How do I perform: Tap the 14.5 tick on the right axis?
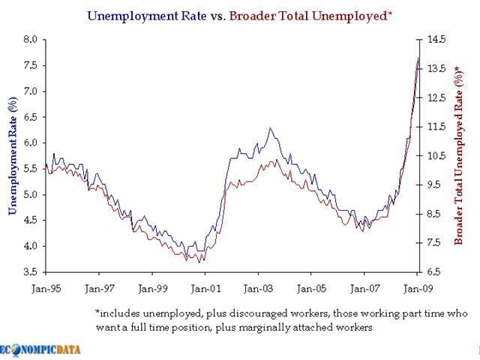tap(436, 40)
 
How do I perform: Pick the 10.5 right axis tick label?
tap(436, 156)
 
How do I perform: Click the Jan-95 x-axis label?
tap(46, 287)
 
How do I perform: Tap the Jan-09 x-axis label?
tap(418, 287)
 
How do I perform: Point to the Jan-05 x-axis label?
tap(311, 287)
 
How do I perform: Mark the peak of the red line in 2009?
tap(418, 57)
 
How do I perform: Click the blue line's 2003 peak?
tap(270, 127)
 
